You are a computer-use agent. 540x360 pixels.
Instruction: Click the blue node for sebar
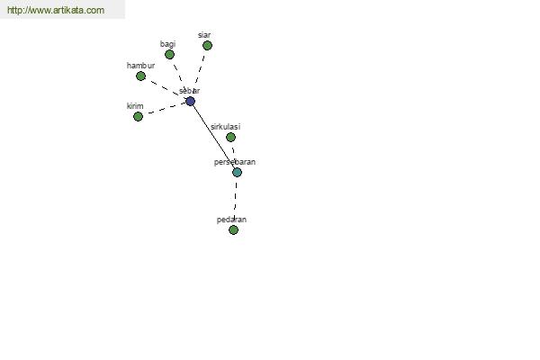[x=191, y=102]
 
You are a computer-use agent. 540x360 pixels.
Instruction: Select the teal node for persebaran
[x=237, y=172]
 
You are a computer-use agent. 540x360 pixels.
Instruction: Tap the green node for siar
[x=207, y=46]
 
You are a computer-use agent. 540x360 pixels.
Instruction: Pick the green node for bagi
[x=169, y=54]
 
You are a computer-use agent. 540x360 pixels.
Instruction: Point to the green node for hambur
[x=141, y=76]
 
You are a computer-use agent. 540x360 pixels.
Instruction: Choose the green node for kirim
[x=138, y=117]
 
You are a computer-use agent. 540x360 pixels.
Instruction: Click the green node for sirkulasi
[x=230, y=138]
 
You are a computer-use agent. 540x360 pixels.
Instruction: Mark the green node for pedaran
[x=233, y=229]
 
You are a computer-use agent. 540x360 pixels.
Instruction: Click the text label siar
[x=204, y=35]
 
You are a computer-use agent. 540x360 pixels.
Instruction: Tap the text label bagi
[x=167, y=44]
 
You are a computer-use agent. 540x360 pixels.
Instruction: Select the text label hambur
[x=141, y=66]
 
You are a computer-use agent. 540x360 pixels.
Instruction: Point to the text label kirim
[x=135, y=106]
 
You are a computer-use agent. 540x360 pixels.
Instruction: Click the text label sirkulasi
[x=226, y=127]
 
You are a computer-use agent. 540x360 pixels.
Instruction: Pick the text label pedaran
[x=231, y=220]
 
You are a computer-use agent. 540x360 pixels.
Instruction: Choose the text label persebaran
[x=235, y=162]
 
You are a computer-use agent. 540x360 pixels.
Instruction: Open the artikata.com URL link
[x=56, y=10]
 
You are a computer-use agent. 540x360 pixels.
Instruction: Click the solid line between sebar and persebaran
[x=213, y=137]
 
